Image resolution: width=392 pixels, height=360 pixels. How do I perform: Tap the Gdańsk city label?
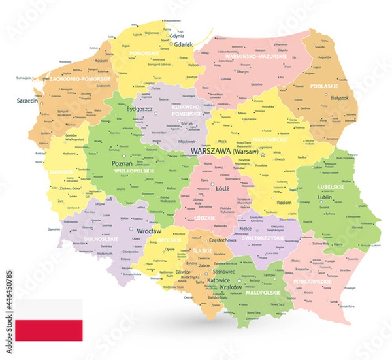coord(178,43)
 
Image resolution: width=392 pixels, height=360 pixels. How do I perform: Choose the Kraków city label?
coord(231,287)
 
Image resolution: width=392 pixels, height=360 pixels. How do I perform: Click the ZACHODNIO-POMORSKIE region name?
coord(80,79)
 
